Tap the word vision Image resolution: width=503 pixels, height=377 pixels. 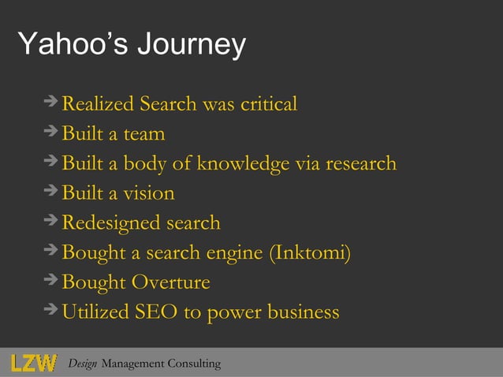[x=148, y=193]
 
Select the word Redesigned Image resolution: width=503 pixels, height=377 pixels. [x=99, y=223]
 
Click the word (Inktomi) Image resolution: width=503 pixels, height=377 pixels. [x=310, y=253]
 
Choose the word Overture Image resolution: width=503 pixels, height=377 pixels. [x=170, y=282]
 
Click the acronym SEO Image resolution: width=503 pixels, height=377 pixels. [x=156, y=312]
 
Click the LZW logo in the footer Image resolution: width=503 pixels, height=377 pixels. [x=34, y=363]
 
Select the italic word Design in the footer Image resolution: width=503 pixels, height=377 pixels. [x=83, y=364]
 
